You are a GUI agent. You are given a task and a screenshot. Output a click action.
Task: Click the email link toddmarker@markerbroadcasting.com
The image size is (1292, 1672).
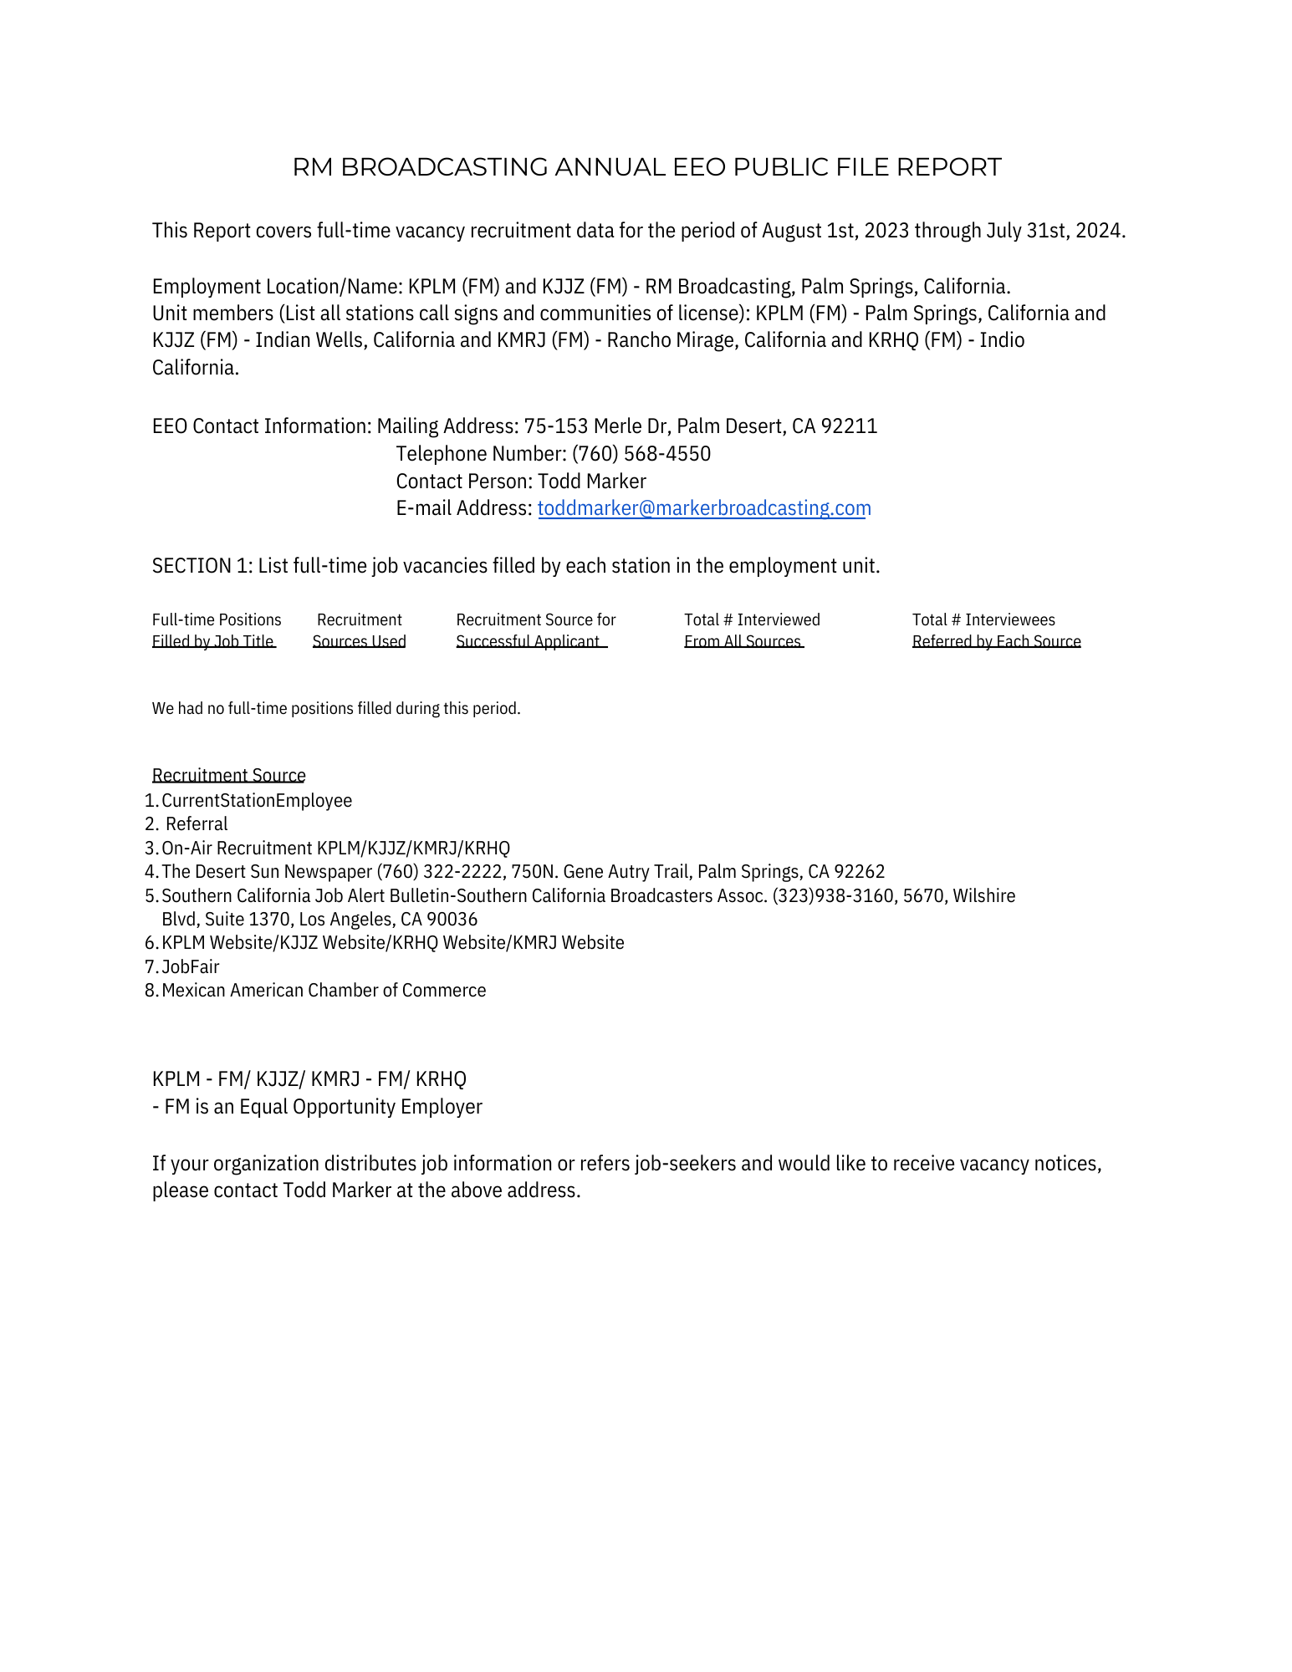703,508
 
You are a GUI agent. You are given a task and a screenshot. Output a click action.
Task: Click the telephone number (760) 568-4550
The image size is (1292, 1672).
641,454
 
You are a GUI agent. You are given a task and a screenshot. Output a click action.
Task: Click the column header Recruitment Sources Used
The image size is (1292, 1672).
359,630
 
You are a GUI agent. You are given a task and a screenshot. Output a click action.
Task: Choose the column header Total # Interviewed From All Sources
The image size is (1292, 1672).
751,630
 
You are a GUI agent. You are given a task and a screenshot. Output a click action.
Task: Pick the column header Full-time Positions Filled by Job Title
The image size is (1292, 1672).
216,630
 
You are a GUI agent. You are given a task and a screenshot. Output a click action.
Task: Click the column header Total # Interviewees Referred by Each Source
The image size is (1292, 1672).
995,630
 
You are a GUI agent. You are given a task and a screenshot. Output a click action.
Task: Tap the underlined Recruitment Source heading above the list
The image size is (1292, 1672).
228,775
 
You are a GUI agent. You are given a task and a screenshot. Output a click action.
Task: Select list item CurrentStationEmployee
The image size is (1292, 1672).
256,801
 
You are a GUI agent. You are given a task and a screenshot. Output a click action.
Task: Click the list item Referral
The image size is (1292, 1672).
197,824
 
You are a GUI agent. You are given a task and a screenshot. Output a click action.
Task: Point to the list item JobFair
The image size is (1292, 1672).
190,967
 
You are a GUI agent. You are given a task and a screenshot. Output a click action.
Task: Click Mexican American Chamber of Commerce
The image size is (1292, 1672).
323,991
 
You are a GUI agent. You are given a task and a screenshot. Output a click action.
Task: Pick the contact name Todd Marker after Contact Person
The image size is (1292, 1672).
591,482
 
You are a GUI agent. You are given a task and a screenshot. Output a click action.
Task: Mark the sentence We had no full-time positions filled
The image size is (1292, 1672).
335,709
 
